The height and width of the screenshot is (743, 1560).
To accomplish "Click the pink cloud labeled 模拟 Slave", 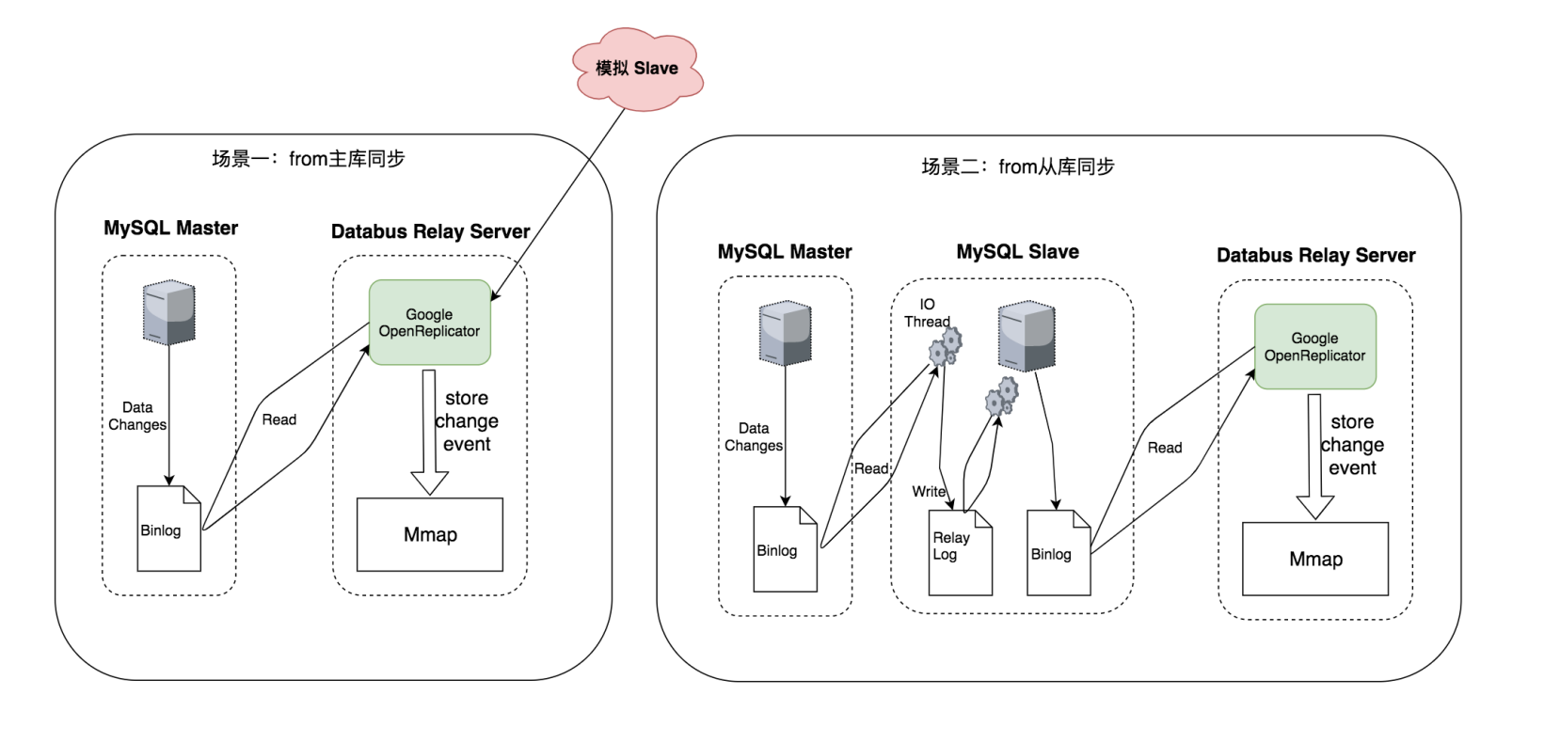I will (637, 68).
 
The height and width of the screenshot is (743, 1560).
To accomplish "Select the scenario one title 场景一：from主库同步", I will (308, 159).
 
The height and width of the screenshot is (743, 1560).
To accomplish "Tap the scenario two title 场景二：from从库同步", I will (1017, 167).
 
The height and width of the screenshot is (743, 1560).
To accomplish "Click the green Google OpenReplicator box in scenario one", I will (429, 323).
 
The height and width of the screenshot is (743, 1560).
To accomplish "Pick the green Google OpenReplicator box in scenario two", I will (1314, 346).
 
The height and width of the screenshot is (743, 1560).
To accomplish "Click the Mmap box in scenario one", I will (430, 534).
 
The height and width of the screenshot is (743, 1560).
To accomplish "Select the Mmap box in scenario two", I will (1315, 559).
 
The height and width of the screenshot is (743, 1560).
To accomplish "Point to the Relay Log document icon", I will (960, 552).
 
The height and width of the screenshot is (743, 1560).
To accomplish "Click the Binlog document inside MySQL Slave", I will (1058, 553).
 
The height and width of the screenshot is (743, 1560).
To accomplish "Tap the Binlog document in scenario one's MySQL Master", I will (168, 529).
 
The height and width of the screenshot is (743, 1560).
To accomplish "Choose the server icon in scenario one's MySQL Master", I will (168, 312).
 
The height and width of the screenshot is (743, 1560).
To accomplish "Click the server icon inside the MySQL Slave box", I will (1026, 336).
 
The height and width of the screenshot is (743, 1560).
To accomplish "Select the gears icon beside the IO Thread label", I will (945, 347).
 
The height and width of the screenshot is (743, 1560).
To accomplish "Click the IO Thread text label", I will (927, 313).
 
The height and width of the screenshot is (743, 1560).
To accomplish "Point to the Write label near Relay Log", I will (928, 491).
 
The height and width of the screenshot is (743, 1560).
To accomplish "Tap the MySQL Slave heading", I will (1017, 252).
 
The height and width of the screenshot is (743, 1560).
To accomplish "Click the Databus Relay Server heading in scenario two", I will (1315, 256).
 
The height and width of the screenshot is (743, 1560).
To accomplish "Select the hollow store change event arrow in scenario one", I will (429, 432).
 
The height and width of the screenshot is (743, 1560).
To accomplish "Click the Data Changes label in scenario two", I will (753, 437).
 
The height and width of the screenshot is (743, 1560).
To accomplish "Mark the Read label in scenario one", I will (279, 419).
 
